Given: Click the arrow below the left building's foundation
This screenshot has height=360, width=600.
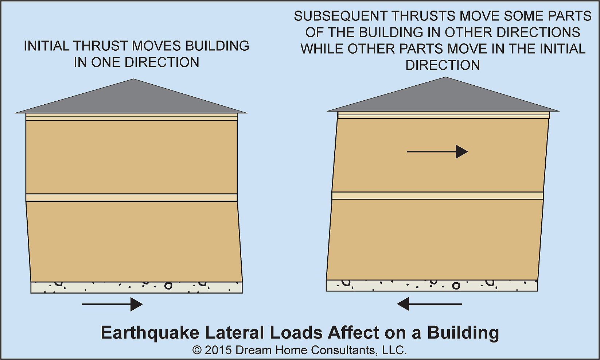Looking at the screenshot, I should [x=112, y=304].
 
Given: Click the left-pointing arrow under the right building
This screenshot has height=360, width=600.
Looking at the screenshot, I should [x=429, y=304].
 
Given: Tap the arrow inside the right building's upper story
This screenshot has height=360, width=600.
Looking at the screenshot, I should [x=437, y=151].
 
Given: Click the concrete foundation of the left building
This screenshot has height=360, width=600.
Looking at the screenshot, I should [x=136, y=287].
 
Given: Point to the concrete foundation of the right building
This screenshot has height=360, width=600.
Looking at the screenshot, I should [x=432, y=286].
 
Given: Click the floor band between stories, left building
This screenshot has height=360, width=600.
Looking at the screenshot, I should [x=132, y=198].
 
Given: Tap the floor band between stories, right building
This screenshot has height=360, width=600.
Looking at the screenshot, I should [x=437, y=196].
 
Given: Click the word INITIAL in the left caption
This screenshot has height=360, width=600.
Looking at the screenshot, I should [x=46, y=46].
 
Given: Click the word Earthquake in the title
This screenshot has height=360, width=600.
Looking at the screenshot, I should [x=150, y=333].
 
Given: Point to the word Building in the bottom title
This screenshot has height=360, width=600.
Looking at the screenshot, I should [x=463, y=333].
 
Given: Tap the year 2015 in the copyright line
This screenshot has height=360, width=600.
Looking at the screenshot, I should [x=218, y=350].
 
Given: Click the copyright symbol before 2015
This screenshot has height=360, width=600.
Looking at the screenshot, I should [x=197, y=351].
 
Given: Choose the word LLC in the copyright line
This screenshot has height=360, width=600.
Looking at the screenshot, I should [x=394, y=350].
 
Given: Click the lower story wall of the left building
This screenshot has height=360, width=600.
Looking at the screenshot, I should [x=135, y=241].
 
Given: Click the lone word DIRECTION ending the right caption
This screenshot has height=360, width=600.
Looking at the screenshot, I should [x=443, y=65].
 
